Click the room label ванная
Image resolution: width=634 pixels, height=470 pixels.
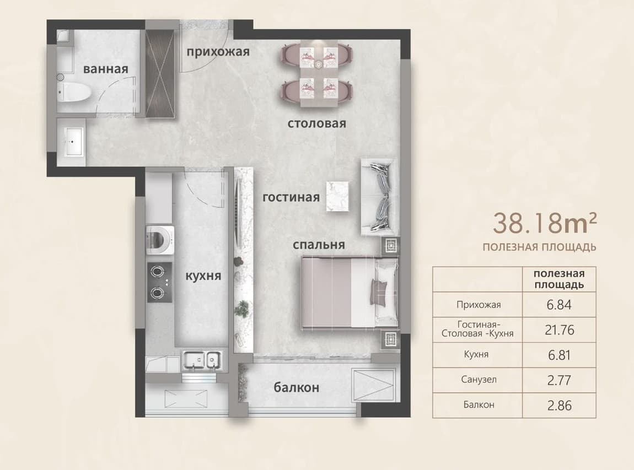(105, 69)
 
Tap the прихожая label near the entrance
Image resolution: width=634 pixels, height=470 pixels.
(218, 52)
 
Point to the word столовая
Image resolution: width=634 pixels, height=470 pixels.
(316, 123)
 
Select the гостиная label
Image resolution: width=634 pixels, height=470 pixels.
(291, 197)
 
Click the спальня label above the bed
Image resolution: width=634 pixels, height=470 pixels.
(319, 245)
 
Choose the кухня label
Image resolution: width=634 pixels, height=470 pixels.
(203, 275)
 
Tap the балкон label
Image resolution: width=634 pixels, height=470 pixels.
(297, 387)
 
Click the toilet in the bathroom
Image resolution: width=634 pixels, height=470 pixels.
(73, 93)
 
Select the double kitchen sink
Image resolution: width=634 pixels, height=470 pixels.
(202, 359)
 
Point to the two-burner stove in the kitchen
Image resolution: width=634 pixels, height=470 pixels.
(159, 282)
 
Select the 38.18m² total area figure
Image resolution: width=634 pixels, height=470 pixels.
(545, 223)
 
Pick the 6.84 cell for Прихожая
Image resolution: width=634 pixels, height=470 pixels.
(559, 305)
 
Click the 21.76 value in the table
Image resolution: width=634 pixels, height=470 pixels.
(559, 329)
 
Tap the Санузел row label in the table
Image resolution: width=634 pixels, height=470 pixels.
(479, 380)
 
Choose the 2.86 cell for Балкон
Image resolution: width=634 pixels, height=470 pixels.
(559, 405)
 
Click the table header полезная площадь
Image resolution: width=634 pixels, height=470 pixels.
(559, 279)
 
